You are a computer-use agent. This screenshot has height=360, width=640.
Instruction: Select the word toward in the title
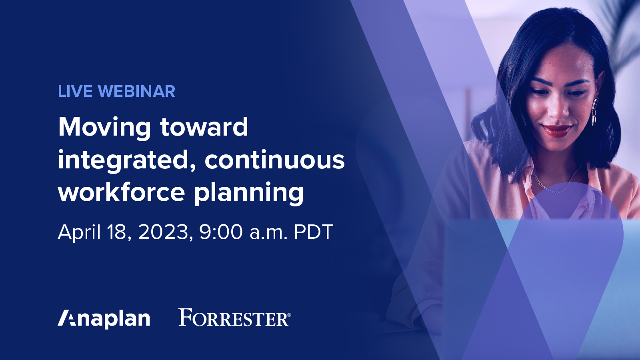pos(204,127)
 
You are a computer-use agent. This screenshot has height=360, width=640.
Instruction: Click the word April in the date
pos(79,232)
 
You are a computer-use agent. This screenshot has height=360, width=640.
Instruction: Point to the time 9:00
pos(221,232)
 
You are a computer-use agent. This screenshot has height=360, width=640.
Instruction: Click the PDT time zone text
pos(313,232)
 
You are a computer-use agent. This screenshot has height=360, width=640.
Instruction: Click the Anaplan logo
pos(104,319)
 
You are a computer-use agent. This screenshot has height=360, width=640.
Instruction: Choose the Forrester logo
pos(233,318)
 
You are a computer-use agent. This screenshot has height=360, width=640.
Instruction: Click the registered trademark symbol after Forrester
pos(289,315)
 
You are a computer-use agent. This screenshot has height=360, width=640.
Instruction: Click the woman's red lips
pos(556,130)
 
